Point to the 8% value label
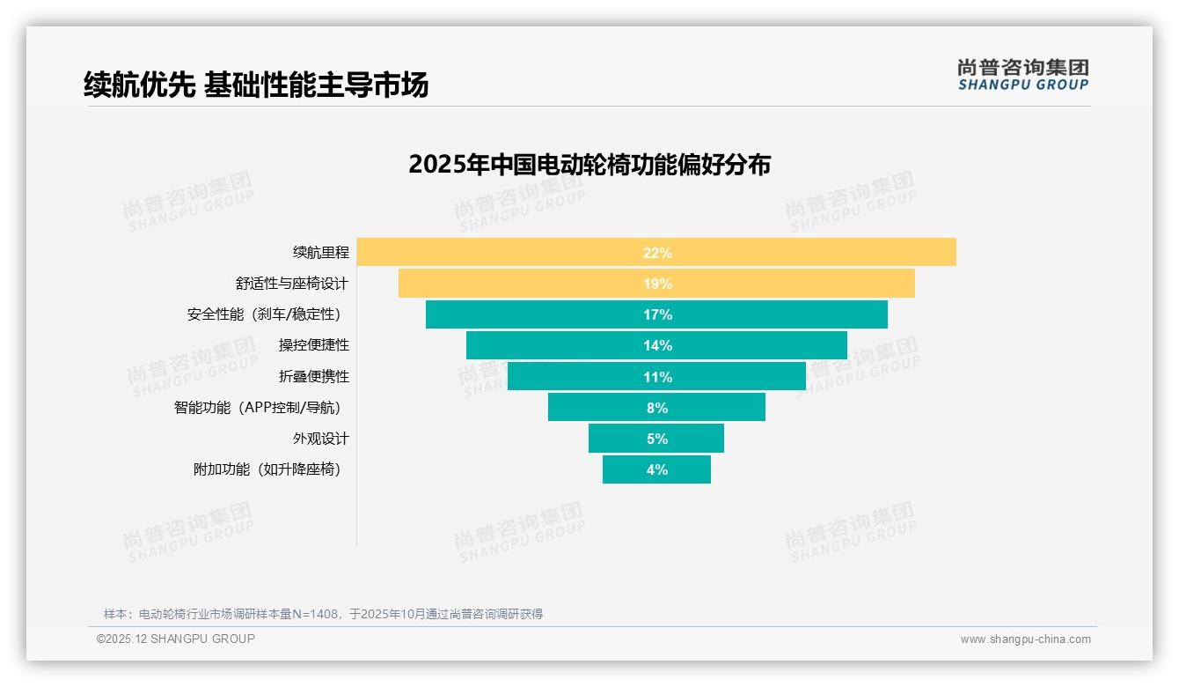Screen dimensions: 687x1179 (657, 408)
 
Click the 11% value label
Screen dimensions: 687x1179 (657, 377)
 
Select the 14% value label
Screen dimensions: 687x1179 (657, 345)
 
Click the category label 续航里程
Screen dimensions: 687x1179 (320, 252)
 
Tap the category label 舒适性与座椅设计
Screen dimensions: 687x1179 (292, 284)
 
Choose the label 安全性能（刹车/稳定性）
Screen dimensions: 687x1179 (264, 314)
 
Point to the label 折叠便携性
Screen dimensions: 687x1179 (313, 376)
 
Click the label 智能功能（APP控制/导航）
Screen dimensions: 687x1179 (257, 408)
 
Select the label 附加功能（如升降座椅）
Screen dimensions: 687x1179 (267, 469)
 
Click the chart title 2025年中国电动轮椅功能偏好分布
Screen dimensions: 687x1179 (589, 165)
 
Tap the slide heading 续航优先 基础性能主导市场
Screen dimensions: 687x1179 (256, 85)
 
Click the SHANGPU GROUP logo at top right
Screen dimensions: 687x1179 (1022, 75)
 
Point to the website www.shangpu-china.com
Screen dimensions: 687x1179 (1025, 639)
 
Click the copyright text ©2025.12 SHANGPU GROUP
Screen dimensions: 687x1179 (176, 639)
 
